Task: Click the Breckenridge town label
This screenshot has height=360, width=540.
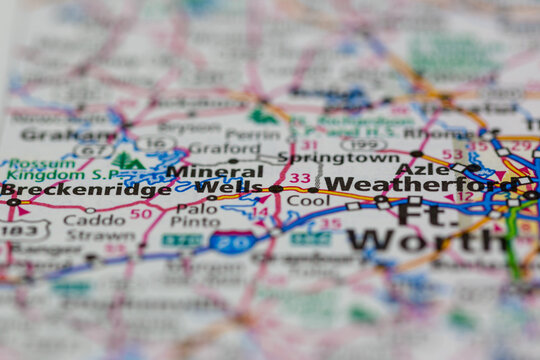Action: pyautogui.click(x=86, y=189)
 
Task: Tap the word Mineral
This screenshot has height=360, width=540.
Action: pyautogui.click(x=200, y=171)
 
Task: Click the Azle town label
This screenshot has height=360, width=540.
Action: pyautogui.click(x=416, y=169)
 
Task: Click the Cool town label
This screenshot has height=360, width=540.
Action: pyautogui.click(x=307, y=200)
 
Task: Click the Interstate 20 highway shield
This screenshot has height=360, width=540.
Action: pyautogui.click(x=232, y=241)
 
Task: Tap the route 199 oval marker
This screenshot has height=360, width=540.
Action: pyautogui.click(x=363, y=144)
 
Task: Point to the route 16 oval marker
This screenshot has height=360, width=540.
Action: pyautogui.click(x=155, y=143)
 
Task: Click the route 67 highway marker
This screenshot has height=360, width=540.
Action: pyautogui.click(x=93, y=150)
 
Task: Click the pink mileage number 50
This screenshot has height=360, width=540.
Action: pyautogui.click(x=141, y=213)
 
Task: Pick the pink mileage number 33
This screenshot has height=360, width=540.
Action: pyautogui.click(x=300, y=179)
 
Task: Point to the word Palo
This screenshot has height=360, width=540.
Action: pyautogui.click(x=197, y=209)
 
